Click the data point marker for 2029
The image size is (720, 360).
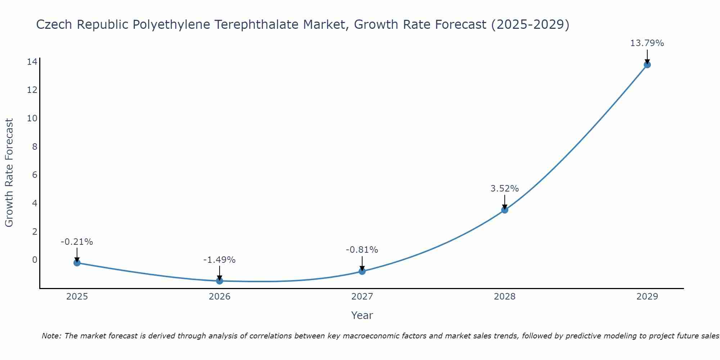point(647,65)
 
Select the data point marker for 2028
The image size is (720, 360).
point(505,210)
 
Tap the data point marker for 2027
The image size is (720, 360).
point(362,271)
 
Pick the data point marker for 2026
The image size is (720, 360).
point(220,281)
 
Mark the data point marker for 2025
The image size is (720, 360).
point(77,263)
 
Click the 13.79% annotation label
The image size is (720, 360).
point(647,43)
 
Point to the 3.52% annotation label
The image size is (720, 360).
point(505,189)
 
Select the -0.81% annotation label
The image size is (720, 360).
point(362,250)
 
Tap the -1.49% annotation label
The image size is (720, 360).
point(219,260)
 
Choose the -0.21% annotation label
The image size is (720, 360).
point(77,242)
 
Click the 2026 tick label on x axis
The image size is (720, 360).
point(220,297)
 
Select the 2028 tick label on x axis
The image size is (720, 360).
point(505,297)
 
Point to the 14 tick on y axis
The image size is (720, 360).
point(32,62)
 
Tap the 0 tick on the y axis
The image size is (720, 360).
point(35,260)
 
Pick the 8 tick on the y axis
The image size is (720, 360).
point(35,147)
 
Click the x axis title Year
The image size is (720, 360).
point(362,315)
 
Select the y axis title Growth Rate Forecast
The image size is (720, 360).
point(9,173)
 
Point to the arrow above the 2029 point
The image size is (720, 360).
point(647,57)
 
